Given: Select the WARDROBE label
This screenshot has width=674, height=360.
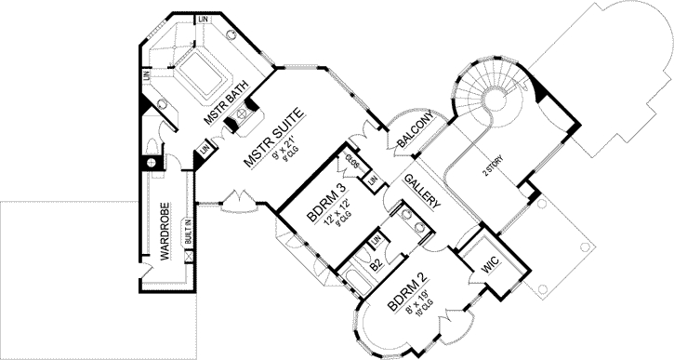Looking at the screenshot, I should [x=163, y=230].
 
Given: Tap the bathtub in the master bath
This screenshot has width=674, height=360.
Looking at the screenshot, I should [x=203, y=72].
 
